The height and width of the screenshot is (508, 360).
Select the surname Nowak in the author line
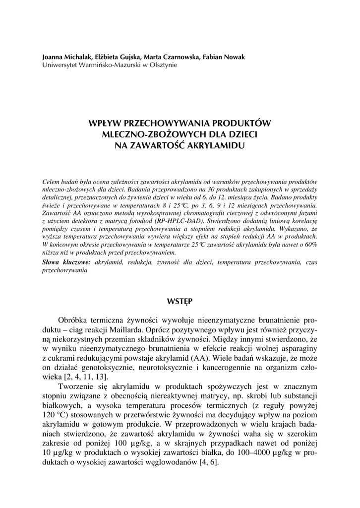(x=234, y=57)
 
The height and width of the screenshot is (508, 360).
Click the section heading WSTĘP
(x=180, y=301)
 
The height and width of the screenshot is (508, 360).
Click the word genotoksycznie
(x=125, y=367)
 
